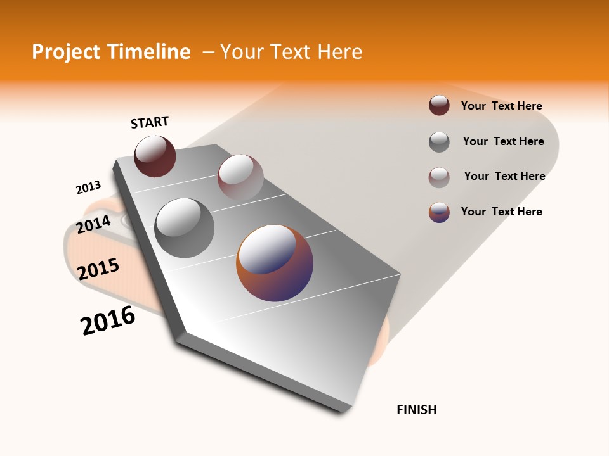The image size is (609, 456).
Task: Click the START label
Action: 150,122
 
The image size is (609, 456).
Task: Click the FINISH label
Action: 417,410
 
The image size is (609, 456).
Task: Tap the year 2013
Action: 88,187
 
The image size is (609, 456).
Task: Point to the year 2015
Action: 98,269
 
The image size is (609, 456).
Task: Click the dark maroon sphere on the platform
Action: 155,156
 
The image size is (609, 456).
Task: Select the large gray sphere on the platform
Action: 184,227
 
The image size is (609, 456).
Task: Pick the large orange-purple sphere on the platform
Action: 275,263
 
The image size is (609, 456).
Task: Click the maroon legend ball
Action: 439,106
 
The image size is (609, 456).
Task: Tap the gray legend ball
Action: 439,142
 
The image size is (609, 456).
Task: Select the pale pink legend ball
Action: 439,177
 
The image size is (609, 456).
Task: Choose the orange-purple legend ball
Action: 439,212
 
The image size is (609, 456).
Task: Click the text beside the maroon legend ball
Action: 501,106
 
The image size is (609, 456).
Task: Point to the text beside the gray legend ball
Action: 503,141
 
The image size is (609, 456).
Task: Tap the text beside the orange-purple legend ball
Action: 501,212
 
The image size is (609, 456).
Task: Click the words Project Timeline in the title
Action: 111,52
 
